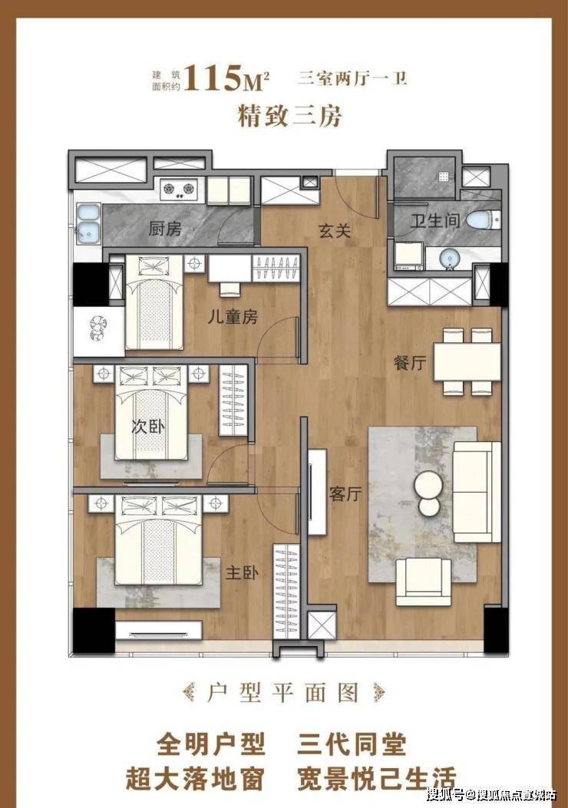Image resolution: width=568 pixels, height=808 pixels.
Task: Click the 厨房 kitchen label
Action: pos(166,228)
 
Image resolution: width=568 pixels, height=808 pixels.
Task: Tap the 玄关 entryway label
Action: pos(335,230)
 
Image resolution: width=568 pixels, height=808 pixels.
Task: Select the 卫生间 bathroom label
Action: pos(434,221)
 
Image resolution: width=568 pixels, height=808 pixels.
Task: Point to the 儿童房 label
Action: pos(233,316)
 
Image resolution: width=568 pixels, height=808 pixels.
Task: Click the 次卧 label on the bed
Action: pos(148,427)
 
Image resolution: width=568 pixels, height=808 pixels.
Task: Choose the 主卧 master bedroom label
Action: pos(242,572)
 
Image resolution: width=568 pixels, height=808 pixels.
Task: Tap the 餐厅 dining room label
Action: pos(410,363)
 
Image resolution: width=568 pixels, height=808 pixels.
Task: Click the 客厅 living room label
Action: pos(345,494)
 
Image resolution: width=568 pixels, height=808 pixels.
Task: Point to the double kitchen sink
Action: pos(88,223)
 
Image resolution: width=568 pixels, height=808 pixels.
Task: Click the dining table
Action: pos(467,361)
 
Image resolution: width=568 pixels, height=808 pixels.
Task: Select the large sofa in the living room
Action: pos(477,492)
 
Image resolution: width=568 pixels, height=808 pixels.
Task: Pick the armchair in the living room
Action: pos(423,582)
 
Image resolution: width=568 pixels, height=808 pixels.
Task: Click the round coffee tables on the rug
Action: pos(430,493)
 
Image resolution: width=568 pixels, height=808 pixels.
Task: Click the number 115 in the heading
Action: pos(213,78)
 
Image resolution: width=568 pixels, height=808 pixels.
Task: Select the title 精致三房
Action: pos(289,115)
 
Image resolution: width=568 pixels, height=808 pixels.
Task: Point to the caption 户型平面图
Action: pos(283,693)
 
